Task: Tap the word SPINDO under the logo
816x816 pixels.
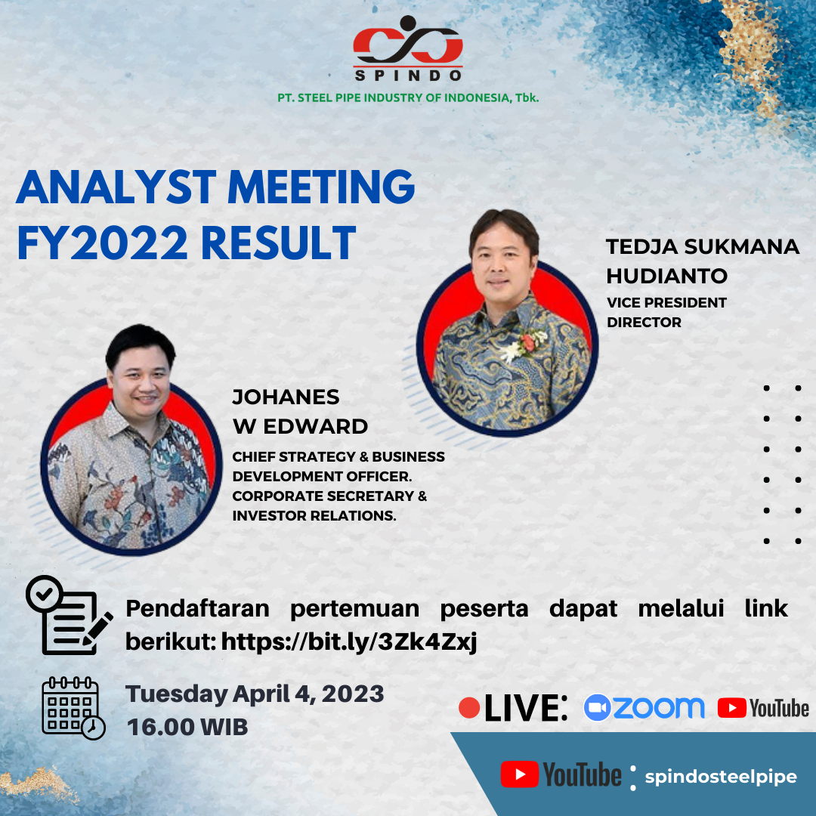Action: coord(408,76)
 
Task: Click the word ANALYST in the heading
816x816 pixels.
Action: coord(116,187)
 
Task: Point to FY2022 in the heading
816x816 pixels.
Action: coord(102,243)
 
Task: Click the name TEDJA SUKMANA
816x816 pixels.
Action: coord(703,246)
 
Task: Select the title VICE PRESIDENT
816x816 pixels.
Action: coord(666,303)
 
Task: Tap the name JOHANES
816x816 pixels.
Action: coord(286,397)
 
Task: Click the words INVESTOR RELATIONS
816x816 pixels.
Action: coord(314,516)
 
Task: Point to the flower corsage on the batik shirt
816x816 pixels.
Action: coord(524,344)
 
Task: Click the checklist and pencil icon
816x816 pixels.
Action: coord(70,615)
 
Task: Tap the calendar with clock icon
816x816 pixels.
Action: coord(73,708)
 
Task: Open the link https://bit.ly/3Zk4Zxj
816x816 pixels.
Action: coord(349,642)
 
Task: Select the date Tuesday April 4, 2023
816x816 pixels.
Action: coord(255,694)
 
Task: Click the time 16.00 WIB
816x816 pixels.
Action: coord(187,727)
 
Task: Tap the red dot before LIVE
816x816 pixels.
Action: coord(469,708)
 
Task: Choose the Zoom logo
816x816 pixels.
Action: coord(644,708)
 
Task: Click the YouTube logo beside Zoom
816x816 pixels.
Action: coord(763,708)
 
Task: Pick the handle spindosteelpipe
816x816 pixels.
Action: coord(721,777)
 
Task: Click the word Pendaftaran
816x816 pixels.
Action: coord(198,608)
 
